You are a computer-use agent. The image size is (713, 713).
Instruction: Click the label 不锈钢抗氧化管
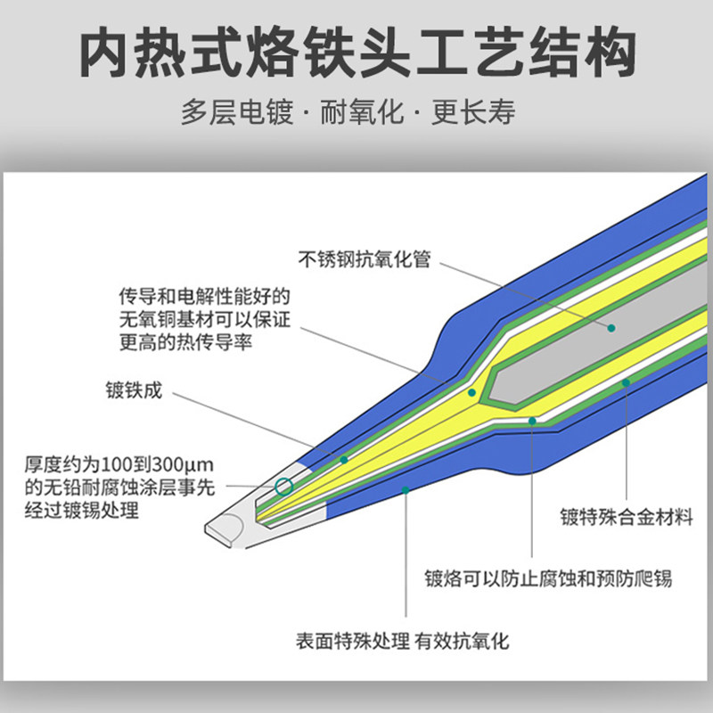(365, 259)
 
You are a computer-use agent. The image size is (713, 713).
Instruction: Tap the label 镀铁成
(134, 390)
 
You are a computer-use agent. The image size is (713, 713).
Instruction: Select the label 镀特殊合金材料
(626, 516)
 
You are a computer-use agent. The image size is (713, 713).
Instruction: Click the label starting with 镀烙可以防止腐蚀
(547, 578)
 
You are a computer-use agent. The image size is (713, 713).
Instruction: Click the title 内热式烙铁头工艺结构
(356, 53)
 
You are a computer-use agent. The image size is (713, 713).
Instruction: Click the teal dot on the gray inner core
(611, 328)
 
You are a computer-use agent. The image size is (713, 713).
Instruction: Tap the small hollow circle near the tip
(284, 486)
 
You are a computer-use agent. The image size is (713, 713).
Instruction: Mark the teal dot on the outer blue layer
(406, 489)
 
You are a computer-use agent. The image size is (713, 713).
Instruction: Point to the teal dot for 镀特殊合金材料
(626, 382)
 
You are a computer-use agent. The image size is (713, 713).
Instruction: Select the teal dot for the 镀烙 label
(532, 420)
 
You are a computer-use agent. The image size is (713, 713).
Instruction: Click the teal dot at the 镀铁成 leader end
(344, 459)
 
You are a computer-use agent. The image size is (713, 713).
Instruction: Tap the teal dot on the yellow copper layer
(472, 392)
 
